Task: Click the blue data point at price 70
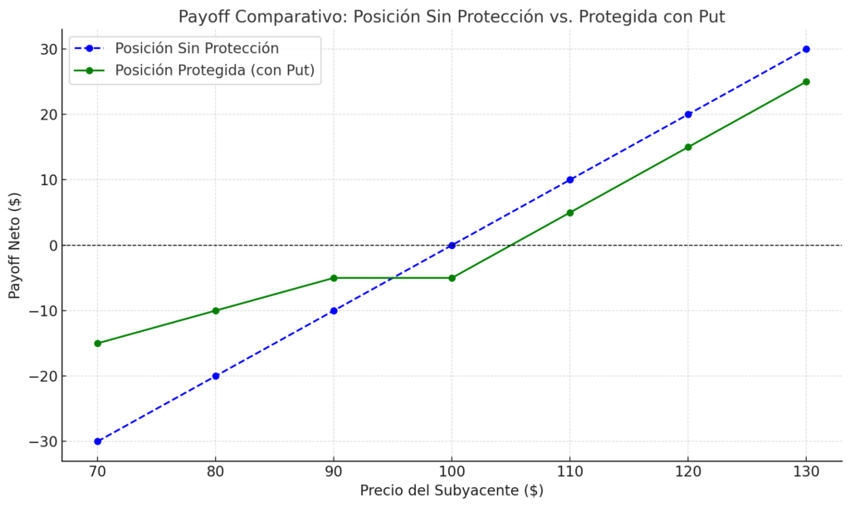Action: (97, 441)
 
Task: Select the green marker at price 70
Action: (97, 344)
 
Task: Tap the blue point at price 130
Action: (806, 49)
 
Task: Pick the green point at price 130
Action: (806, 82)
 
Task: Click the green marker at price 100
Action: (452, 278)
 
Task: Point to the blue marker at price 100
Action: (452, 246)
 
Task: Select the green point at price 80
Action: (216, 310)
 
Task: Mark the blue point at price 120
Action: (688, 115)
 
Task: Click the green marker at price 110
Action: (570, 212)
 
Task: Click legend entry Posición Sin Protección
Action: (196, 48)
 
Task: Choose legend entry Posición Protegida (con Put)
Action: (214, 71)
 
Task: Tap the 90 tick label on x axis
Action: (334, 471)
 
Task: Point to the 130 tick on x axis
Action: (806, 471)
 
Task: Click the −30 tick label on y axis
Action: (42, 441)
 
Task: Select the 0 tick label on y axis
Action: (51, 246)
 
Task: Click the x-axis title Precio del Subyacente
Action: (452, 490)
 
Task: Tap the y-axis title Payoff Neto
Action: (15, 246)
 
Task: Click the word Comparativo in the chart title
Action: (282, 17)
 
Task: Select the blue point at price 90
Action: (334, 310)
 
